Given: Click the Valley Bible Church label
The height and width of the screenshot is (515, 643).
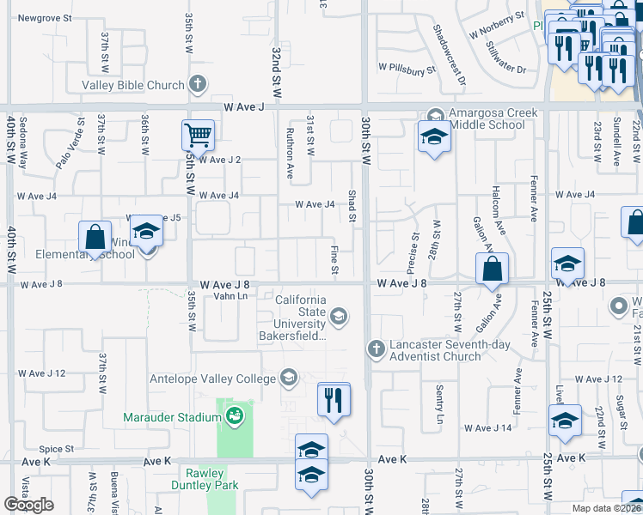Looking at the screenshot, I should click(x=133, y=85).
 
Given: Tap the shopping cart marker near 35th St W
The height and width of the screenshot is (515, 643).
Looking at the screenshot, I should click(x=198, y=135).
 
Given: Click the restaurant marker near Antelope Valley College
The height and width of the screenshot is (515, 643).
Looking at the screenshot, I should click(x=333, y=399).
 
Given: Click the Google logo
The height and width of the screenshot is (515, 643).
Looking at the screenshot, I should click(x=29, y=504).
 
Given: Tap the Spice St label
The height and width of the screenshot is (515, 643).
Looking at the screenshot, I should click(x=57, y=449).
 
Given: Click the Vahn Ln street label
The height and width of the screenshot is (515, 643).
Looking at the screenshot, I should click(x=230, y=296).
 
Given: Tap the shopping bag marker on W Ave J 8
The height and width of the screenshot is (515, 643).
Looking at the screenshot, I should click(x=491, y=268).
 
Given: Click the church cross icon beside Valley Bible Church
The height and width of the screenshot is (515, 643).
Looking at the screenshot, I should click(x=198, y=85).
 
